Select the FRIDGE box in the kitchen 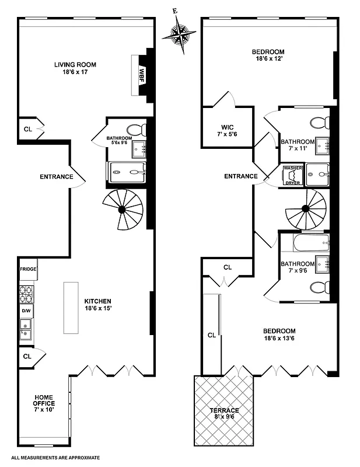click(x=28, y=269)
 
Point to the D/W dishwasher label click(x=26, y=311)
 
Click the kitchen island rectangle click(x=71, y=308)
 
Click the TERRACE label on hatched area click(x=224, y=413)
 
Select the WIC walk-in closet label click(x=227, y=130)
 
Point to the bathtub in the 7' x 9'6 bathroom click(x=305, y=242)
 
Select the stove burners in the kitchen click(x=27, y=291)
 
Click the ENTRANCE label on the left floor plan click(x=56, y=177)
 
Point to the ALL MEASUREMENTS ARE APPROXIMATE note click(x=55, y=458)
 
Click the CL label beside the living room click(x=27, y=130)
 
